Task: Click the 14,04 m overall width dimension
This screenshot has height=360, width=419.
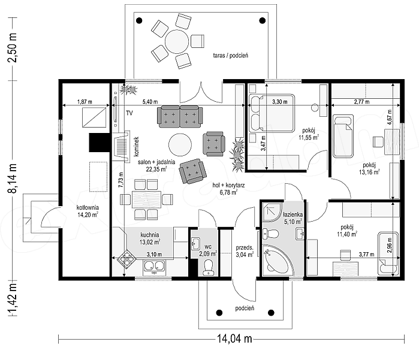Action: coord(234,339)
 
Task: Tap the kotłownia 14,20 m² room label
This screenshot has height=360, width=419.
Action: coord(88,211)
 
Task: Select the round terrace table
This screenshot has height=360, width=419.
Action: coord(177,41)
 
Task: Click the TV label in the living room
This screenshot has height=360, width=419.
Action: coord(129,113)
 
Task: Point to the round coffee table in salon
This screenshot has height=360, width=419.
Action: coord(180,144)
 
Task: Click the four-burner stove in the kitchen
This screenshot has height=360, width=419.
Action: coord(126,259)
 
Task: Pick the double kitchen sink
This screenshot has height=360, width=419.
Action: coord(154,266)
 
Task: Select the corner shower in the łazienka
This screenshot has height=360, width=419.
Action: coord(272,211)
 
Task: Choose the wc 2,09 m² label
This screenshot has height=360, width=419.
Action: coord(208,251)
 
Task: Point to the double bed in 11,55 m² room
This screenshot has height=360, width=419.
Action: coord(271,113)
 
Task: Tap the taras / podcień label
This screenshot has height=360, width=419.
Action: coord(231,56)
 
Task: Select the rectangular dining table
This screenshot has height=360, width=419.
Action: coord(146,199)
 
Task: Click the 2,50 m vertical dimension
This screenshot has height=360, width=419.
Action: coord(13,48)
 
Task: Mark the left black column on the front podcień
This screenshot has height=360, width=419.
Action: coord(219,313)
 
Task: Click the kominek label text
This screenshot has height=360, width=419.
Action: coord(137,146)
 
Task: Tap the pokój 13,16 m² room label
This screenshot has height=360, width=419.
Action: coord(369,169)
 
